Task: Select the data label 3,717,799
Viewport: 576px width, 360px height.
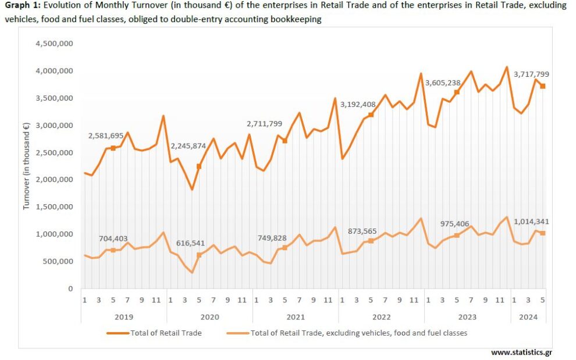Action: coord(531,74)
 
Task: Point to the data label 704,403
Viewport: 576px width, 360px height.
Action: coord(112,237)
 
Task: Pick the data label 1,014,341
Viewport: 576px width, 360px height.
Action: coord(531,222)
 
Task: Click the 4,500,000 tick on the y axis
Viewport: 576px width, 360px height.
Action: coord(54,44)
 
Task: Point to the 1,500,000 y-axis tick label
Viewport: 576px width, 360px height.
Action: coord(54,207)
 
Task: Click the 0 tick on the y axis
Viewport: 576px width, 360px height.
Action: coord(70,288)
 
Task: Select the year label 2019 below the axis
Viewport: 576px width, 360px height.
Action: coord(123,317)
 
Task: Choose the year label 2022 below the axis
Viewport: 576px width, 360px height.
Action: coord(381,317)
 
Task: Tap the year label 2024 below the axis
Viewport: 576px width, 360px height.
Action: coord(528,317)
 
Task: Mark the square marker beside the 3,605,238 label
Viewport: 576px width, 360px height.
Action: coord(457,92)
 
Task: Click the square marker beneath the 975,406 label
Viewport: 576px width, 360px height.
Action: coord(457,235)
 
